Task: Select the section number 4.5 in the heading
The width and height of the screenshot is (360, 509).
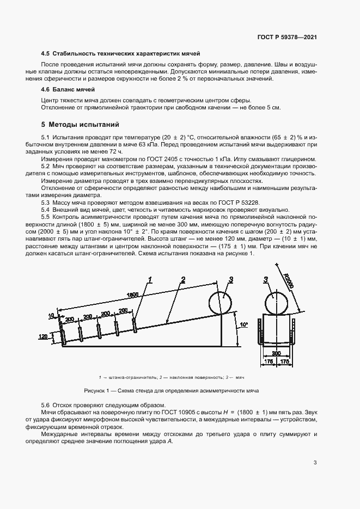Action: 46,53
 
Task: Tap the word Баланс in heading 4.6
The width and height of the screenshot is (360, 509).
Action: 63,89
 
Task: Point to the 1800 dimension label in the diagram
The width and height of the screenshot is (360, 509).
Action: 133,295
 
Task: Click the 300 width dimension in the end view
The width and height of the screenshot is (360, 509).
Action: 277,353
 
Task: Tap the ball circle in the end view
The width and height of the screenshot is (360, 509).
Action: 277,301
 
